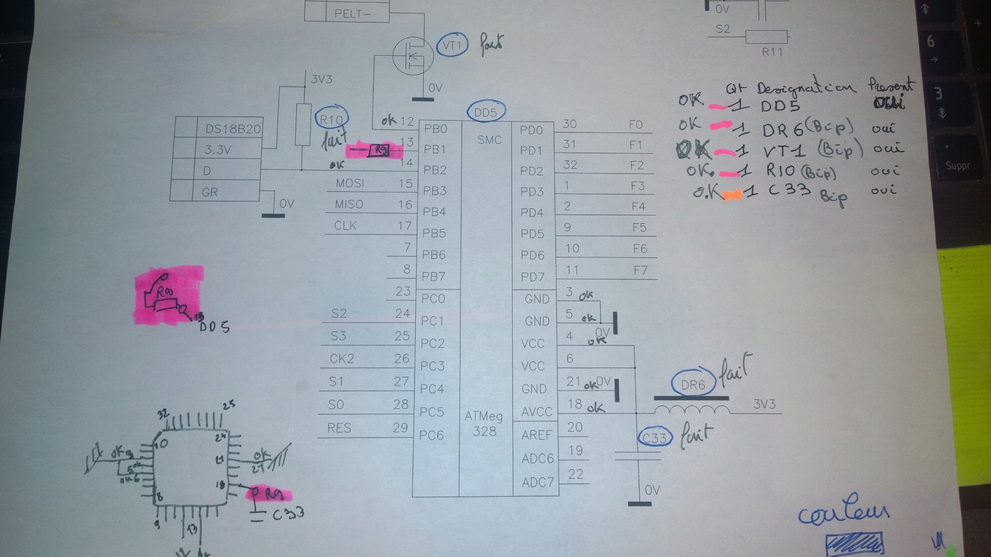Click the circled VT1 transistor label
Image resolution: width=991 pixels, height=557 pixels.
pos(452,45)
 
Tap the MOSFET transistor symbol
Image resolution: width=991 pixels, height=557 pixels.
pos(412,55)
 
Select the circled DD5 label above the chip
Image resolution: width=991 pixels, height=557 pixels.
pos(485,112)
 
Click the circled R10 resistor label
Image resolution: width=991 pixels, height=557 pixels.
pos(331,120)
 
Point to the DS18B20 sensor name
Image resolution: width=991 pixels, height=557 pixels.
pos(233,129)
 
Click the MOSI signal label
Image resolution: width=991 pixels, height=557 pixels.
pos(350,184)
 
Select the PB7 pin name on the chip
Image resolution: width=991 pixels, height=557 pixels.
pos(434,277)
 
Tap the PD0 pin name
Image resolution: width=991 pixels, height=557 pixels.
pos(532,130)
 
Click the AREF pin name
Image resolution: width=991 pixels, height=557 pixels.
pos(537,435)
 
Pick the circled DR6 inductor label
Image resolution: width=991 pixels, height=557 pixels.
pos(693,385)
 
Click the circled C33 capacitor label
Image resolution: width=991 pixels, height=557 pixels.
pos(654,438)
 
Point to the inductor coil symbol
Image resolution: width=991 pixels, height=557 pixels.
pos(692,410)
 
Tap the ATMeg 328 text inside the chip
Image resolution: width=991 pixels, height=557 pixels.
pos(484,423)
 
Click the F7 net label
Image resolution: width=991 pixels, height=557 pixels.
pos(640,271)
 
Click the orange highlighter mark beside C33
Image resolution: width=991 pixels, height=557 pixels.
pos(733,194)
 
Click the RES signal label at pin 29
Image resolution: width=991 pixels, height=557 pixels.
pos(339,428)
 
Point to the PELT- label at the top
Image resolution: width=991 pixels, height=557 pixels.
pos(352,13)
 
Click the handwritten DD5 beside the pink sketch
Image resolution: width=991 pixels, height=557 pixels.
pos(214,327)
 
